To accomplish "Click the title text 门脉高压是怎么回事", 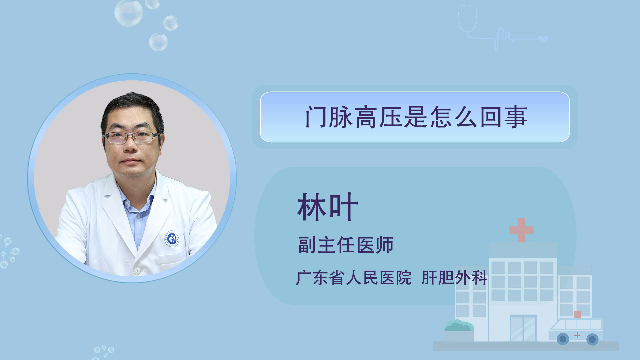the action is (416, 117).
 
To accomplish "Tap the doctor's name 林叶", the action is (328, 207).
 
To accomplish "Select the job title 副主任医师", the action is (346, 245).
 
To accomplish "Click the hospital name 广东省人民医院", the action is (354, 278).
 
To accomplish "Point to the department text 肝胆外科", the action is (454, 278).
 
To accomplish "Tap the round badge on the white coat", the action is (172, 239).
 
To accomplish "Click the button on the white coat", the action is (137, 271).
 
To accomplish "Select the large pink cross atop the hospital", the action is (521, 230).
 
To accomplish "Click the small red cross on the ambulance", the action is (577, 335).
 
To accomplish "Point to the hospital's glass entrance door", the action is (523, 328).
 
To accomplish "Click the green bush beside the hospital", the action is (458, 326).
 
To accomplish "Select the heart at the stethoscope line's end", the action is (543, 39).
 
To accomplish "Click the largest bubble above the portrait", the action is (129, 13).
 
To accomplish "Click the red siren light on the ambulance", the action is (578, 314).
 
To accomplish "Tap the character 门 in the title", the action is (316, 117).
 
